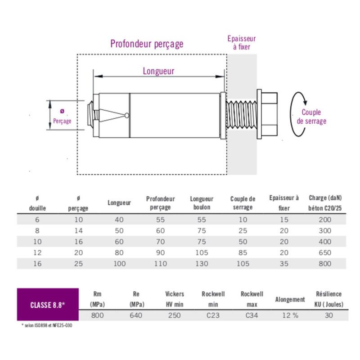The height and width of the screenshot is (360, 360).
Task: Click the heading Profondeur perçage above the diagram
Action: [x=147, y=44]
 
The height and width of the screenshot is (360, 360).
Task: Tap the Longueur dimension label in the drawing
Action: [x=158, y=71]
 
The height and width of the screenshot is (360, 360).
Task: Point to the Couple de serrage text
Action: [x=311, y=117]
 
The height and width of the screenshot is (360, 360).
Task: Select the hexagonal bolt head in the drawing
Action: [x=268, y=115]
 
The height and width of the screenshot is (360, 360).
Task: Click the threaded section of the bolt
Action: [x=242, y=115]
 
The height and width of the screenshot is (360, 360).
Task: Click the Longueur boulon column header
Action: [x=202, y=203]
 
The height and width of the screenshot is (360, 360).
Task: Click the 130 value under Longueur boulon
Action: [x=202, y=264]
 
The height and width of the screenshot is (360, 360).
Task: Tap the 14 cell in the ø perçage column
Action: [x=78, y=231]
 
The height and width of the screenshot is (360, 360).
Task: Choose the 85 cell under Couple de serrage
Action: [x=243, y=252]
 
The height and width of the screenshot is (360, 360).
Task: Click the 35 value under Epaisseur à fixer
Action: [x=284, y=264]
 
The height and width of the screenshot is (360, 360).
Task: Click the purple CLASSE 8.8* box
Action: [x=48, y=305]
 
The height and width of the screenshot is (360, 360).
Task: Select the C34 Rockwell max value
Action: [x=252, y=315]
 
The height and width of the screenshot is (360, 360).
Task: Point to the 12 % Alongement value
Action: [x=290, y=315]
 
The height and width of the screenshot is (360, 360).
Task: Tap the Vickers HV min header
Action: [x=174, y=298]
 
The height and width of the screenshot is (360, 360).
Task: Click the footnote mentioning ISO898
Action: [x=47, y=325]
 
